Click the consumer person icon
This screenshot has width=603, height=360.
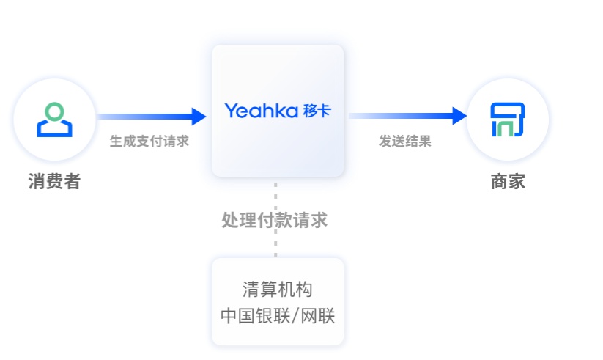(55, 120)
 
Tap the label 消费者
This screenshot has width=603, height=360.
(54, 181)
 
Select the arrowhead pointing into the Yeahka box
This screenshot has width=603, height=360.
(199, 116)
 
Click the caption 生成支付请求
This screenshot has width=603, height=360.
(149, 142)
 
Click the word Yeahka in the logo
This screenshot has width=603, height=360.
(261, 111)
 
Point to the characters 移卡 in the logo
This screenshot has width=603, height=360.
(317, 111)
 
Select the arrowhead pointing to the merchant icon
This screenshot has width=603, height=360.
(459, 116)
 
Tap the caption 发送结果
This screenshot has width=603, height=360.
(405, 142)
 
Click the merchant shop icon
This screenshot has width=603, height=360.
(508, 120)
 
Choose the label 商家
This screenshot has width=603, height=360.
(508, 181)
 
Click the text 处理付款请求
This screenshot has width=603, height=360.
(275, 220)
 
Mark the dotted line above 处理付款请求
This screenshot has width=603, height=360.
(276, 193)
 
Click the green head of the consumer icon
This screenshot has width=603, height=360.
(55, 111)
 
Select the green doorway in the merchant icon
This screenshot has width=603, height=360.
(507, 130)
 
